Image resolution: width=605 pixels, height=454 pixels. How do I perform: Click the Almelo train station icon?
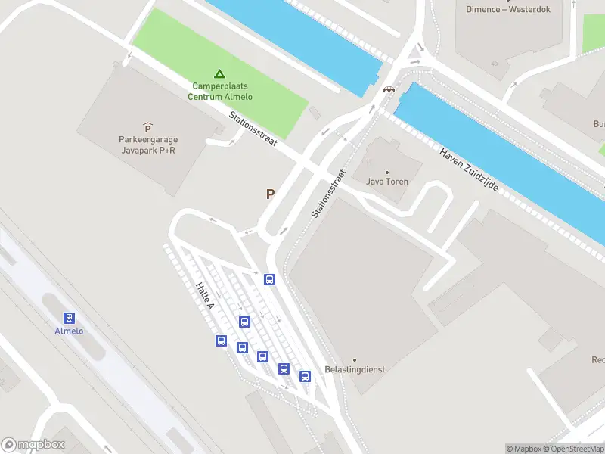[69, 319]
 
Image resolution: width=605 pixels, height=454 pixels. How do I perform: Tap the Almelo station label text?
[69, 331]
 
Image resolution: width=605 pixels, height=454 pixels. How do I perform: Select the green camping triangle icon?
[219, 74]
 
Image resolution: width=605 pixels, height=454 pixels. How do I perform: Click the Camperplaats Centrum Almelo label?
[221, 92]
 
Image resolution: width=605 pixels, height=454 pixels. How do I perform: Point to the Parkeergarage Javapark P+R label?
[147, 145]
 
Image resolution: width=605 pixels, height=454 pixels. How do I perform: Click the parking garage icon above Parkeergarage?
[147, 128]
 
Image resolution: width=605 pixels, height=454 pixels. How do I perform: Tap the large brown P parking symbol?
[270, 194]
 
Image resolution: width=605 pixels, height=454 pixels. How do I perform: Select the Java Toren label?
[387, 182]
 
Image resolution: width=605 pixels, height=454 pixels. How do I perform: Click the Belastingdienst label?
[355, 369]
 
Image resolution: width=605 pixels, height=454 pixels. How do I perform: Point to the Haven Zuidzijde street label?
[469, 168]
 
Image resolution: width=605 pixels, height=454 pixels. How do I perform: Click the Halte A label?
[205, 296]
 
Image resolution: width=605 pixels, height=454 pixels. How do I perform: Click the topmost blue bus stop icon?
[269, 279]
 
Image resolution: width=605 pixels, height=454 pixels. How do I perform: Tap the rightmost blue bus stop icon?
[306, 376]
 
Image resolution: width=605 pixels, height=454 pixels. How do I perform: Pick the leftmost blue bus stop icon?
[222, 340]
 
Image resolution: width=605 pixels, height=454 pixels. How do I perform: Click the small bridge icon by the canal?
[389, 89]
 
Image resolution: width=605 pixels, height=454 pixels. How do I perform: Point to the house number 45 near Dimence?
[495, 64]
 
